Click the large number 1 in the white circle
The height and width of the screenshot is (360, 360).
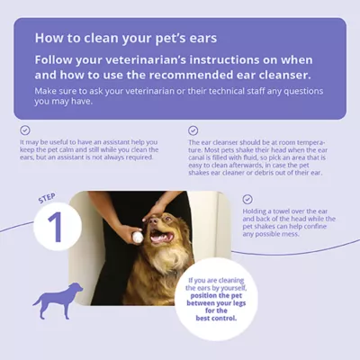click(56, 229)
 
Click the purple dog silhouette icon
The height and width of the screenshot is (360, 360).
click(58, 299)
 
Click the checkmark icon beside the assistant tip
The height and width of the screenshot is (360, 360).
click(25, 130)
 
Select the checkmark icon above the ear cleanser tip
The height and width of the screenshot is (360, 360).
click(193, 130)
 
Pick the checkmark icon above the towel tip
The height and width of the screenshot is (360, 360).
click(247, 198)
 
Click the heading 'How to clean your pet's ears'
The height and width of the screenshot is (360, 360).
click(124, 38)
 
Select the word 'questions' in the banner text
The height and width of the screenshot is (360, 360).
click(292, 92)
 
